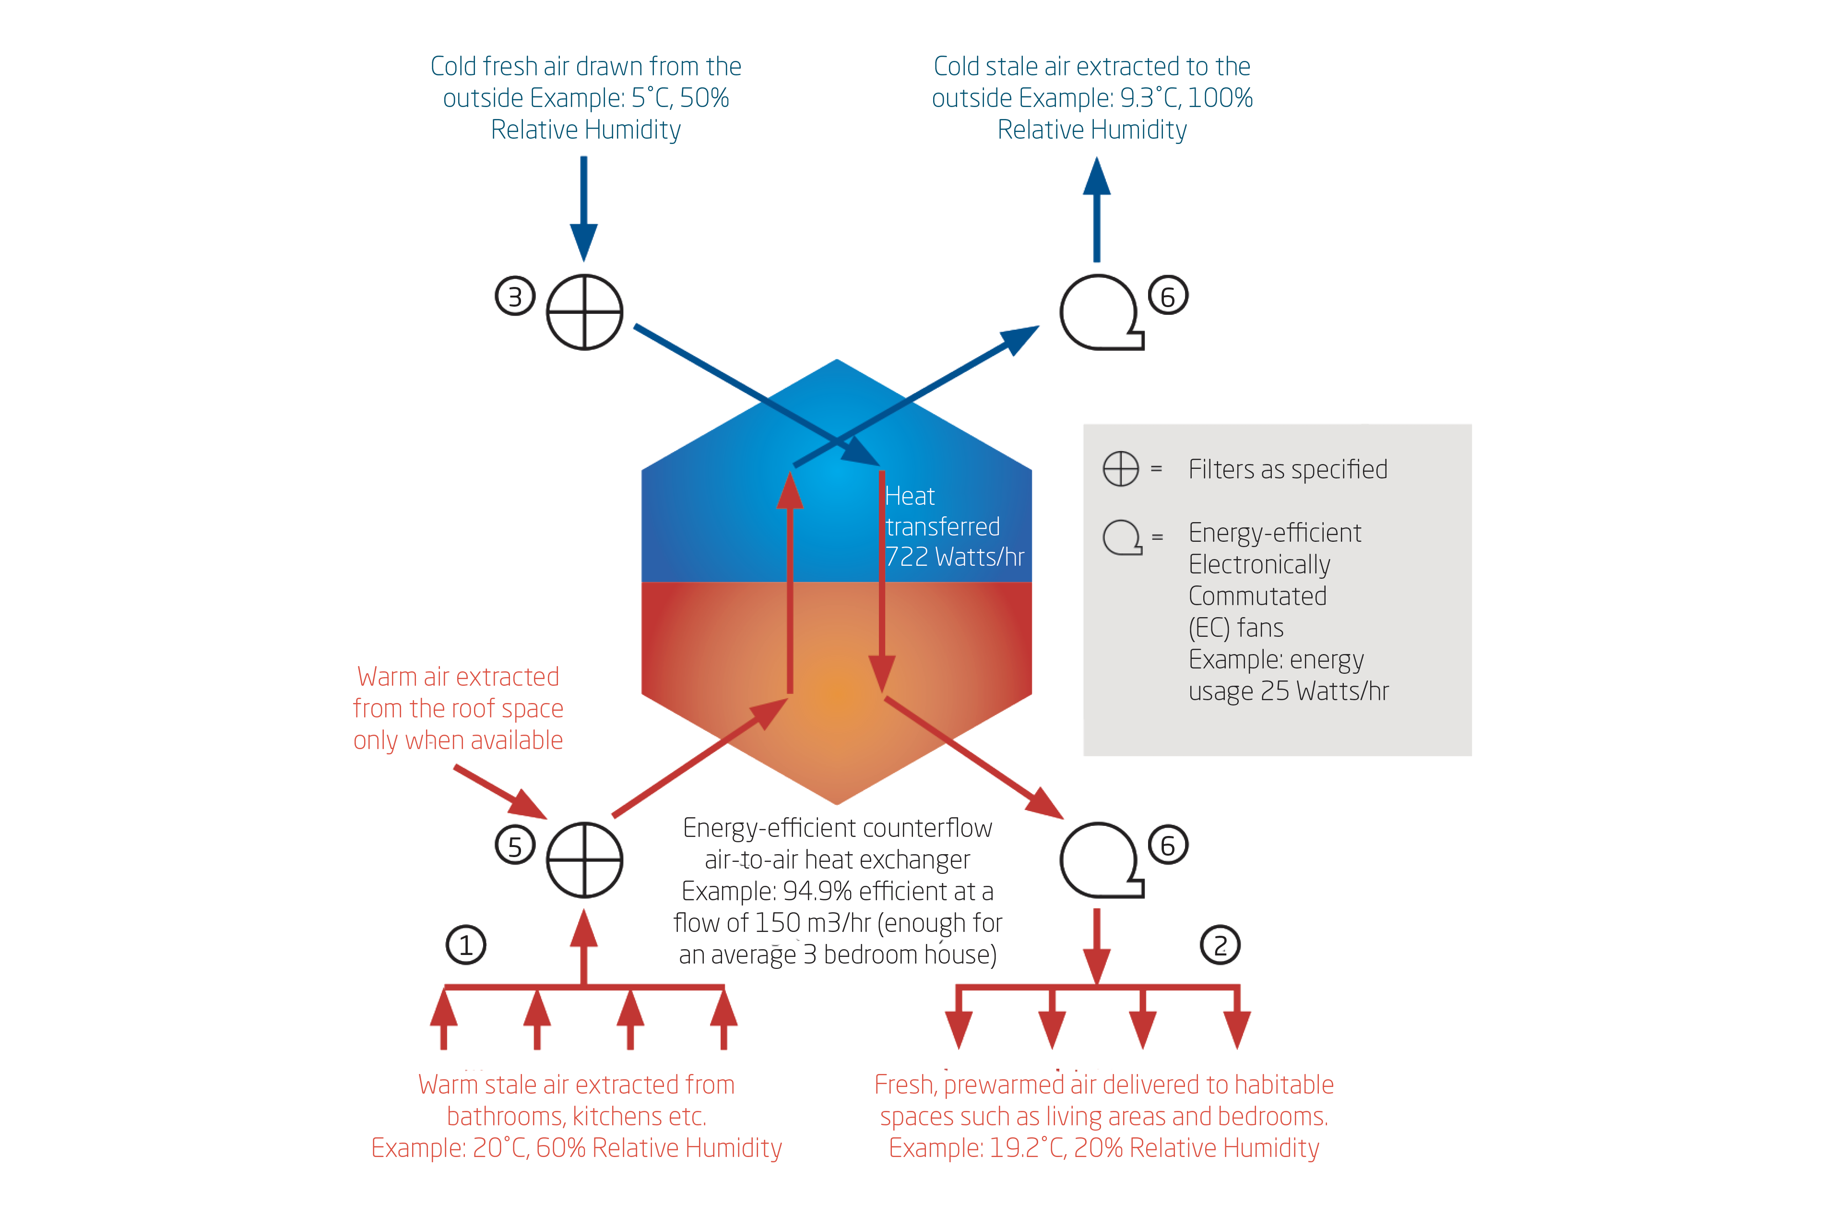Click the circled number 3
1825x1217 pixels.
514,297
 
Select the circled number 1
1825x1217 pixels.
465,945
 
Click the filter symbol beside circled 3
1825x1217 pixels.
584,312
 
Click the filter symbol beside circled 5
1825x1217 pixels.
584,860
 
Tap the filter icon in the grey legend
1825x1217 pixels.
1120,469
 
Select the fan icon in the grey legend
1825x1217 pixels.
1122,537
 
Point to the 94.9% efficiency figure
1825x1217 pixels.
817,891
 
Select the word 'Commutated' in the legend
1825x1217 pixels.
1257,596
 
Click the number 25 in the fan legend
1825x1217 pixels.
1274,691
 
